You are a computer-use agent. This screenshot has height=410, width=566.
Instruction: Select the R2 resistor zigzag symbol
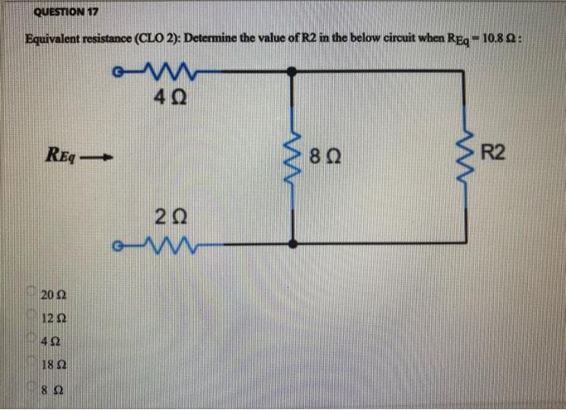point(465,154)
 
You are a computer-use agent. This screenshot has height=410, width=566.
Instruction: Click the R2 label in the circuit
point(496,152)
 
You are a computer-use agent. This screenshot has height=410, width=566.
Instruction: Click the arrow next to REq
point(100,155)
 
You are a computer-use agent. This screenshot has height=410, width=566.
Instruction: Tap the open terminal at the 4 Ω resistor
point(120,71)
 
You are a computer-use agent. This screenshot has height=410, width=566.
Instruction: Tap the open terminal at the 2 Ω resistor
point(120,243)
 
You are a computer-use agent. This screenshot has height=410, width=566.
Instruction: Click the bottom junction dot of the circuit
point(293,243)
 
